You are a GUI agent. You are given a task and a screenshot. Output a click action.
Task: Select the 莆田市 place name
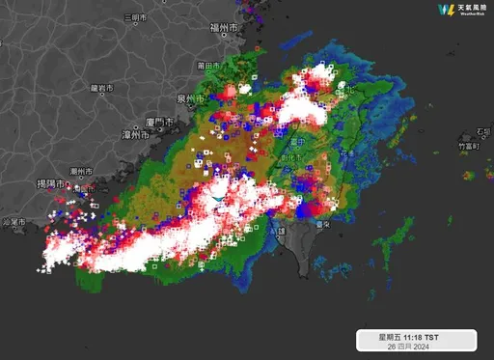tap(205, 66)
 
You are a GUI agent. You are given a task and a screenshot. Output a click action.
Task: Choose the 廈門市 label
tap(157, 121)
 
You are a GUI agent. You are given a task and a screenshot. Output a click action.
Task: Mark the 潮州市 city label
tap(80, 172)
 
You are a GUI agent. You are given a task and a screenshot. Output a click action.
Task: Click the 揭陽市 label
tap(49, 183)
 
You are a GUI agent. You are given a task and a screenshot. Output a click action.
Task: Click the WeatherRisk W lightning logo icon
tap(446, 11)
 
